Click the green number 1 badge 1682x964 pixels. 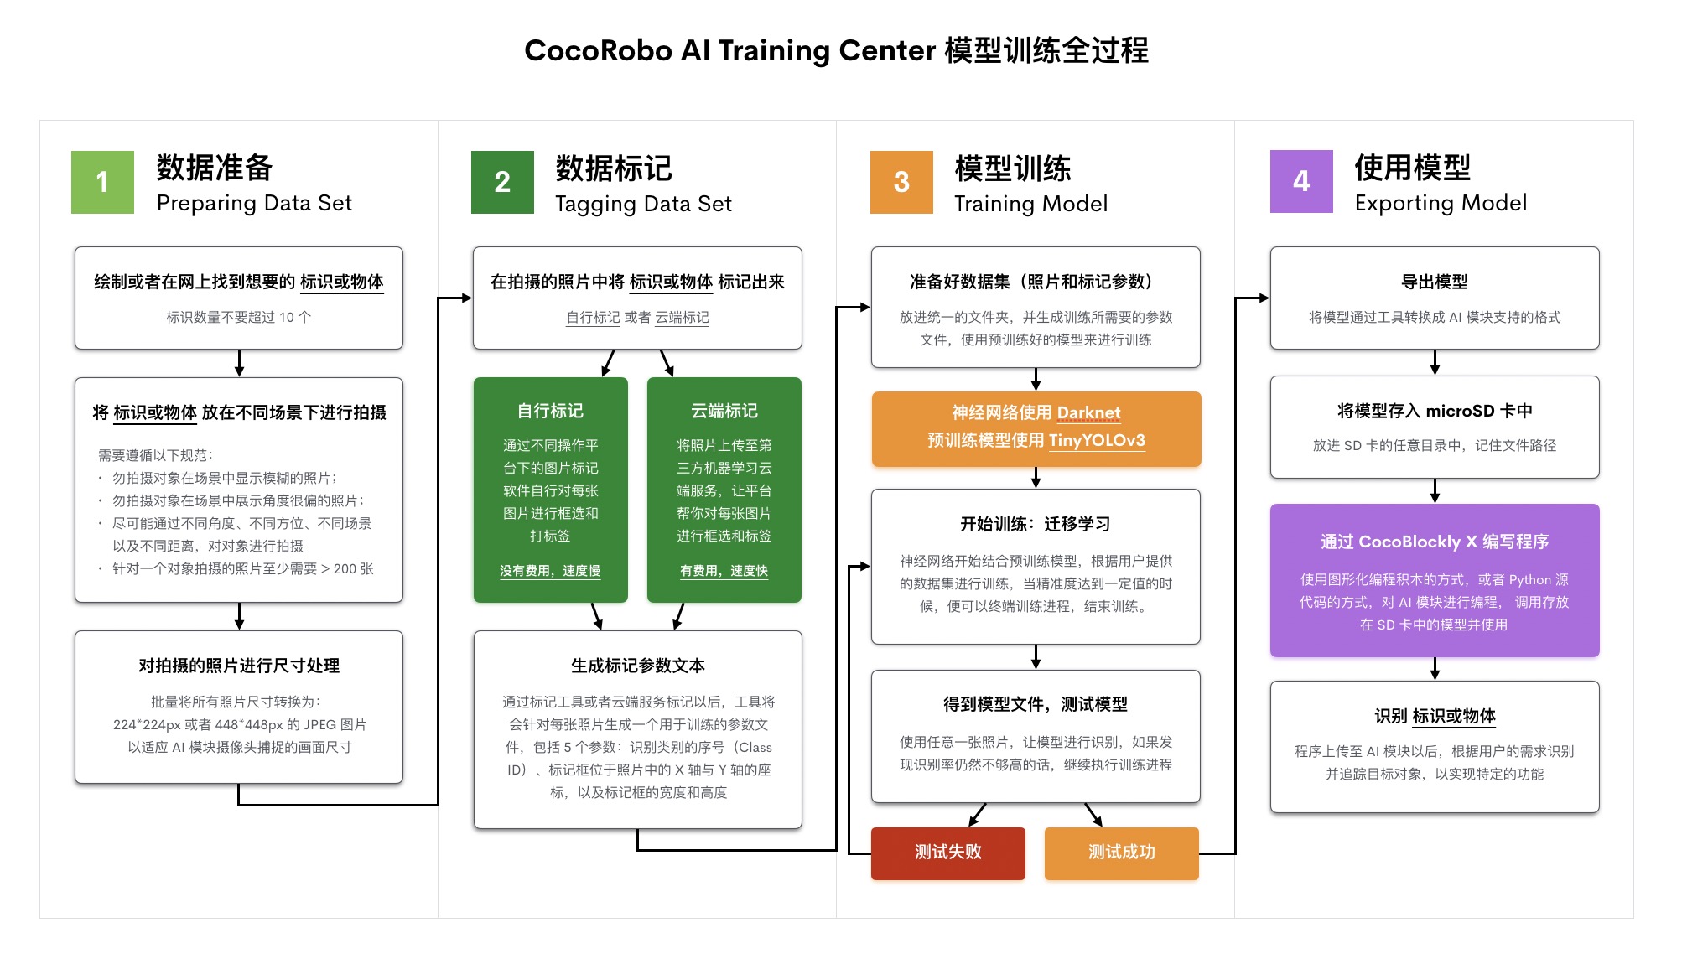(x=102, y=182)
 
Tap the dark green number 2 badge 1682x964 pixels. (x=502, y=182)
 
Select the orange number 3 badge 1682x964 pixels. (x=901, y=182)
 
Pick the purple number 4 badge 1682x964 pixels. (x=1301, y=181)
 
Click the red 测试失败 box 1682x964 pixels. (x=947, y=853)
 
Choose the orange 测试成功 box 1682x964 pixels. (x=1121, y=853)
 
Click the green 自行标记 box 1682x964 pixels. (x=550, y=490)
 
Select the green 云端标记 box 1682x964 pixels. (x=724, y=490)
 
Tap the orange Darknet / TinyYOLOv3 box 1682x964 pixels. (x=1036, y=428)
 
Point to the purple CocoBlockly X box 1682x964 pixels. (x=1434, y=580)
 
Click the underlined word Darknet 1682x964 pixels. (x=1088, y=412)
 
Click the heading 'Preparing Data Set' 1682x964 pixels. (x=254, y=203)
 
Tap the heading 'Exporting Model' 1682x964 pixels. (x=1441, y=203)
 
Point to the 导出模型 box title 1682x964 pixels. (x=1434, y=282)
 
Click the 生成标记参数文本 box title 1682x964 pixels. (x=637, y=666)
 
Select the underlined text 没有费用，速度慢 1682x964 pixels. (x=550, y=571)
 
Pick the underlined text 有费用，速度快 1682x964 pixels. (x=724, y=571)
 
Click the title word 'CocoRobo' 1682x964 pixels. (x=598, y=50)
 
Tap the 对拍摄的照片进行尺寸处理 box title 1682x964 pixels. (x=239, y=666)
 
